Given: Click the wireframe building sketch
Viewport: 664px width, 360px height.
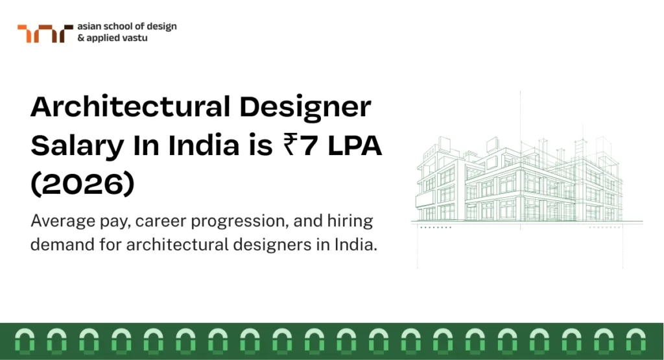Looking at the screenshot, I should [x=522, y=178].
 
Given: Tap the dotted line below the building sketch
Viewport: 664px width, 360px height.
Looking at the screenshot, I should [x=434, y=228].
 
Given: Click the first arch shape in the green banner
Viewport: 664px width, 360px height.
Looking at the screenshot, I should [x=22, y=341].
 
